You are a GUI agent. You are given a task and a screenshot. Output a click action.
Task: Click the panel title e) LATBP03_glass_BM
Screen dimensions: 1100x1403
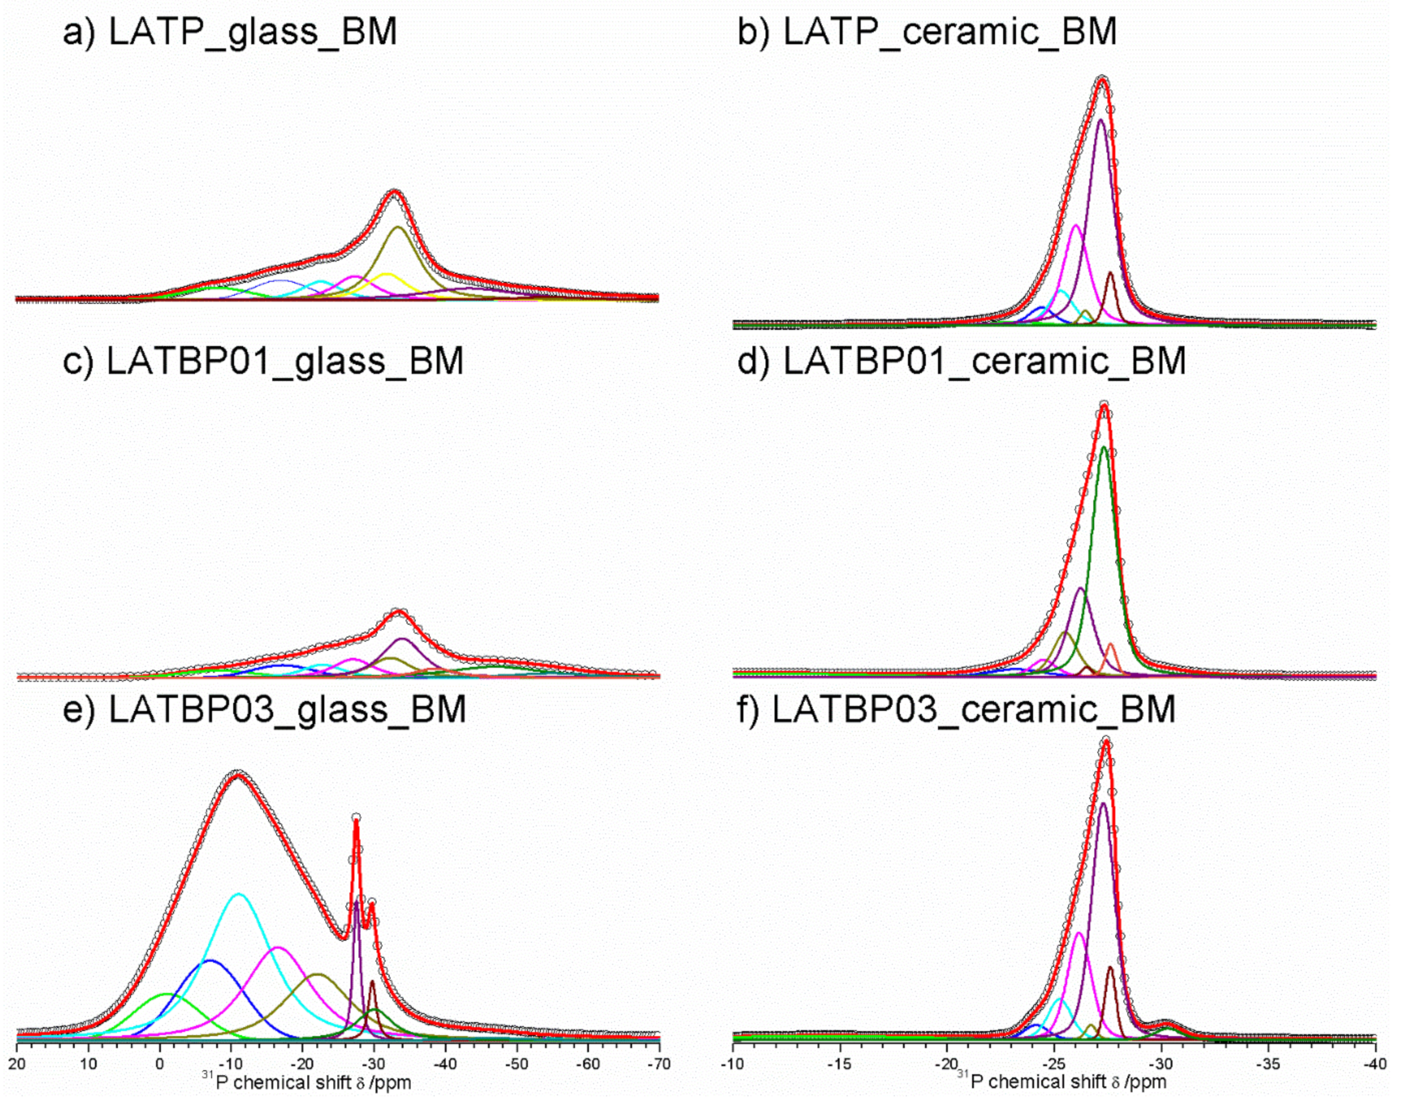tap(264, 710)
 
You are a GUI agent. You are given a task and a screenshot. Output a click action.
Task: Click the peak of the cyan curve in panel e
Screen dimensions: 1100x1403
tap(239, 894)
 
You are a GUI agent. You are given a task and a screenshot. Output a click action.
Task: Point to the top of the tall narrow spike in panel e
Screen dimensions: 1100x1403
tap(356, 818)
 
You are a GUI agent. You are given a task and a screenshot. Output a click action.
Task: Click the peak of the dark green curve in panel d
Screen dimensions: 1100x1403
tap(1104, 447)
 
